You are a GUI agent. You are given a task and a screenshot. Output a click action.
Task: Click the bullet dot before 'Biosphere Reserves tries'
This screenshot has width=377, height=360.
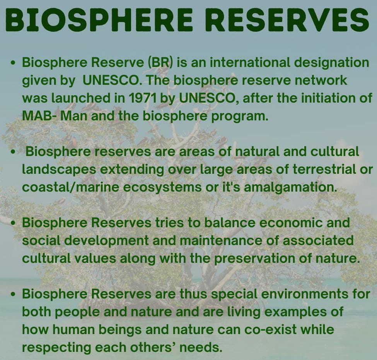pos(14,223)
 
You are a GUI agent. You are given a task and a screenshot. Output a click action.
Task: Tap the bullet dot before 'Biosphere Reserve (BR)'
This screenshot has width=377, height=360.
pos(14,63)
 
